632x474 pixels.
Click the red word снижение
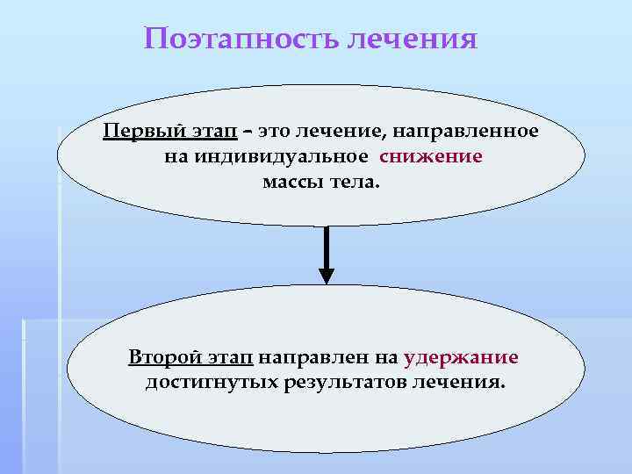point(431,157)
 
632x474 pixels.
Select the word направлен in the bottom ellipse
point(302,357)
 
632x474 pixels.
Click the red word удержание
point(461,357)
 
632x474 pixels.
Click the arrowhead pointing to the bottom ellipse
point(326,275)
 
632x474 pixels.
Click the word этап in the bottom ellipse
point(229,357)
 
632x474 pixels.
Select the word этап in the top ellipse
point(212,132)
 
